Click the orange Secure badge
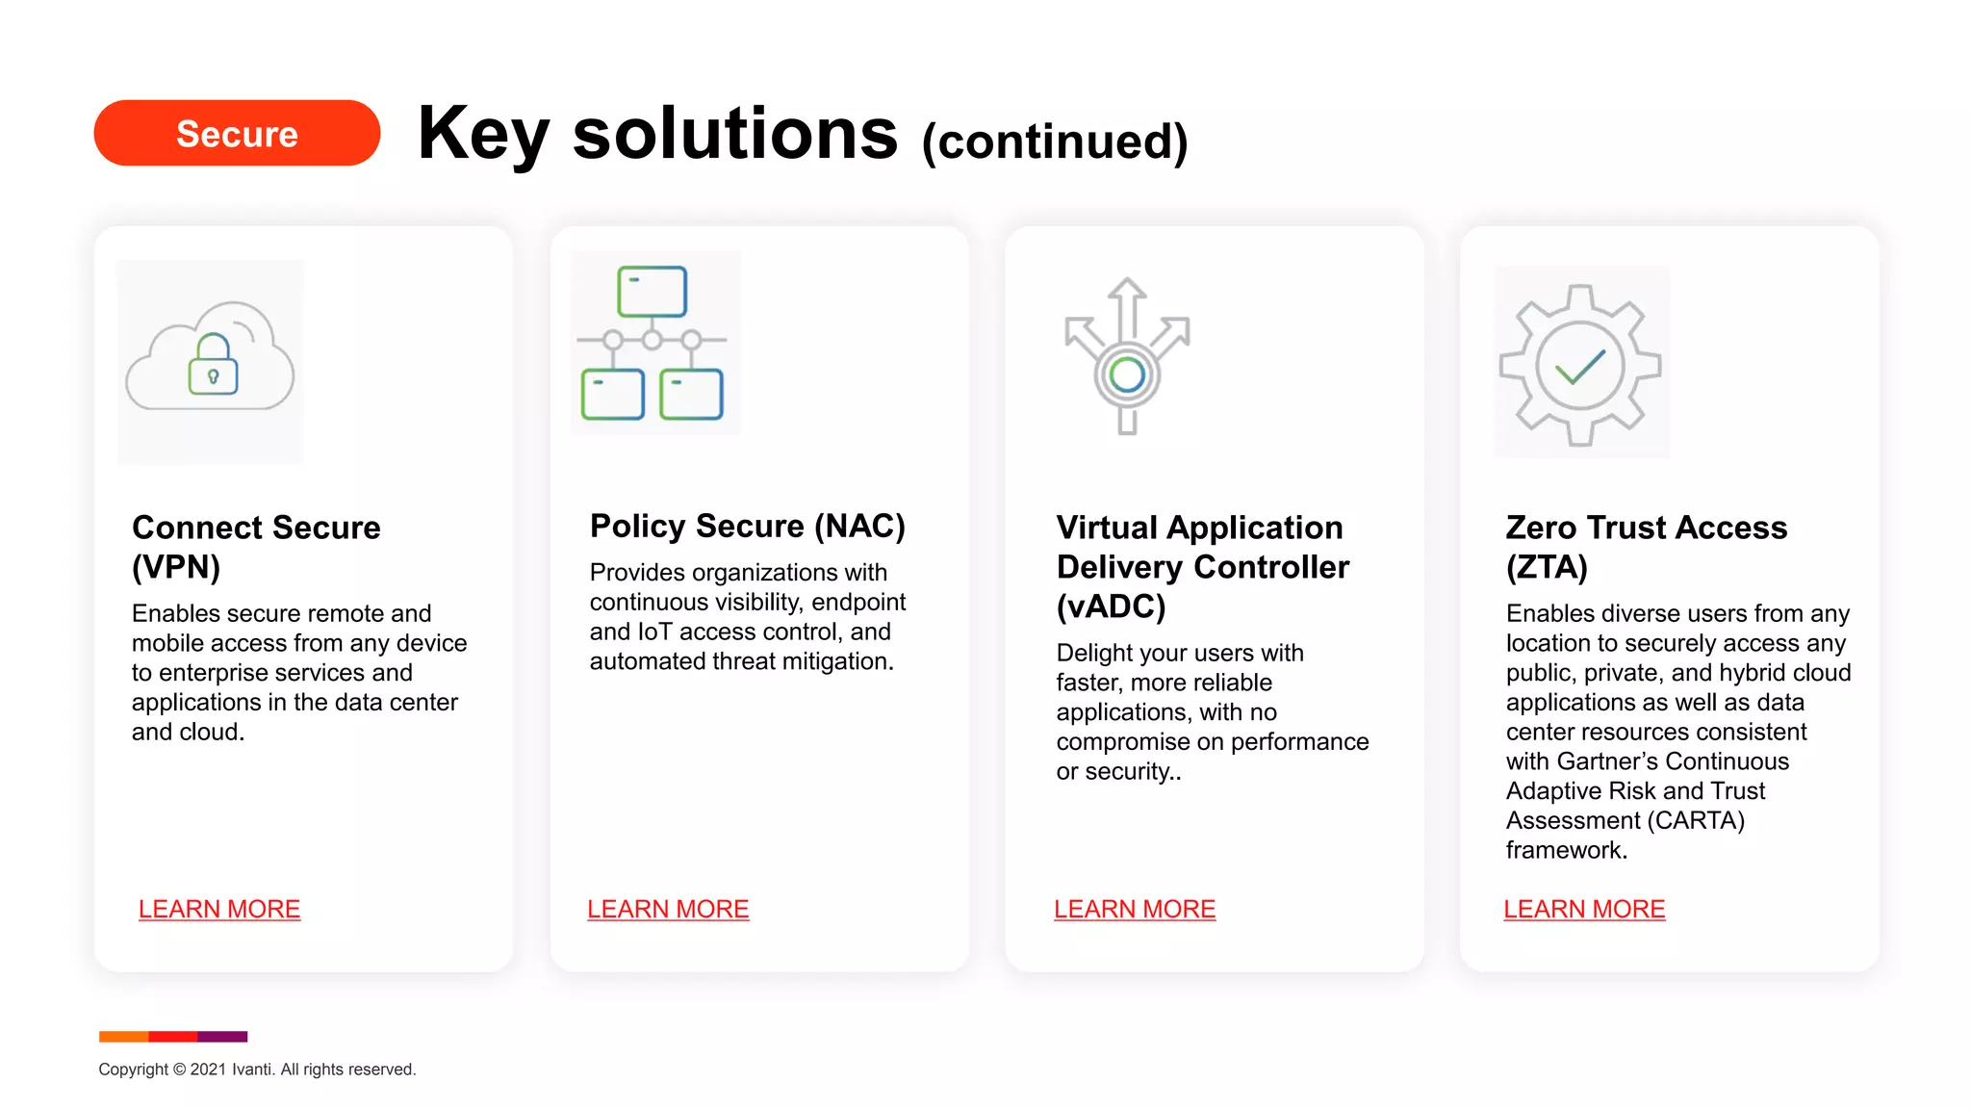(237, 133)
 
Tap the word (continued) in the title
(1055, 142)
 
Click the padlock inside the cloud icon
(213, 367)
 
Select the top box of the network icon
(652, 292)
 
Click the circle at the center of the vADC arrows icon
(1127, 374)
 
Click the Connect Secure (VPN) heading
(256, 546)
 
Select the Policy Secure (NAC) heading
(747, 526)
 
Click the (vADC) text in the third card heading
(1111, 606)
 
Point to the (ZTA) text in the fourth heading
(1547, 567)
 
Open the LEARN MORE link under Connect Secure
(219, 909)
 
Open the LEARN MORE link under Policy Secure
(668, 909)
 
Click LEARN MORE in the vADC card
(1135, 909)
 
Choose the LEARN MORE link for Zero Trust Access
(1584, 909)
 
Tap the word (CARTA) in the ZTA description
(1696, 820)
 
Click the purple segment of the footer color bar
(222, 1037)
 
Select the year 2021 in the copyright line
(208, 1070)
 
